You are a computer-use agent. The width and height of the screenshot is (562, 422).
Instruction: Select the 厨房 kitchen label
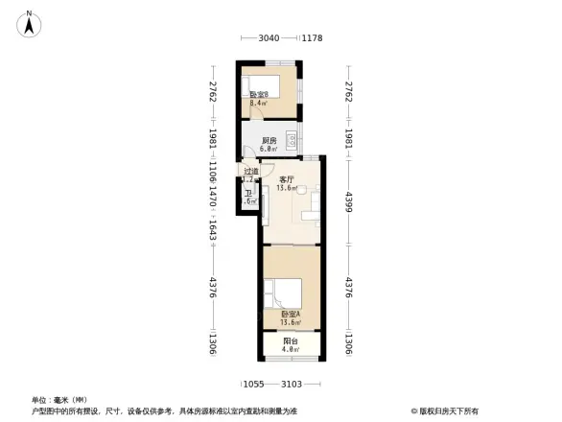pyautogui.click(x=269, y=141)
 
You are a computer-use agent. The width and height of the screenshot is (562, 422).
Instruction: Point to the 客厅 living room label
pyautogui.click(x=286, y=179)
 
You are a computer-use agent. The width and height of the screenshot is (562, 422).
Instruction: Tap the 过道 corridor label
pyautogui.click(x=249, y=172)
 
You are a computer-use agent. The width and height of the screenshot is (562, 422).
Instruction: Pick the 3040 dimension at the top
pyautogui.click(x=269, y=38)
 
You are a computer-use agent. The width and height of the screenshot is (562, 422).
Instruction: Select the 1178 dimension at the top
pyautogui.click(x=312, y=38)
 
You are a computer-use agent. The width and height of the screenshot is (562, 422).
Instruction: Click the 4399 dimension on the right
pyautogui.click(x=349, y=203)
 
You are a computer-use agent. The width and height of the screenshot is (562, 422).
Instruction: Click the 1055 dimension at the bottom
pyautogui.click(x=253, y=384)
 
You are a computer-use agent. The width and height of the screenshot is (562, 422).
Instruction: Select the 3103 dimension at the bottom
pyautogui.click(x=293, y=384)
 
